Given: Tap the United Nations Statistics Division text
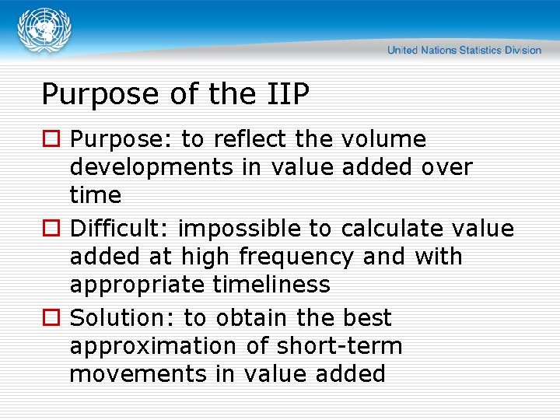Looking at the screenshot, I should [x=464, y=51].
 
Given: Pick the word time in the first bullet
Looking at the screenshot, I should [x=96, y=194].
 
